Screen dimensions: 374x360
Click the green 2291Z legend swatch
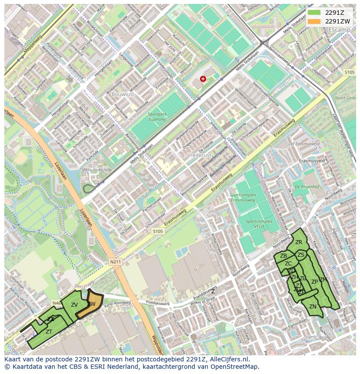314,13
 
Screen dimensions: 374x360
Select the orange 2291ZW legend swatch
314,21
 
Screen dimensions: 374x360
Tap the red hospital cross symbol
203,79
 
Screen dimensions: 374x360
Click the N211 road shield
115,262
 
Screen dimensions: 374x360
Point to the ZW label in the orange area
91,304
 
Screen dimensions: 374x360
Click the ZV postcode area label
74,305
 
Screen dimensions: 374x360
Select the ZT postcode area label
49,331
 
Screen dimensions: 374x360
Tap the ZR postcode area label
299,242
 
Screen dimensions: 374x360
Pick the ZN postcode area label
313,307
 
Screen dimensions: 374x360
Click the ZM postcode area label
323,280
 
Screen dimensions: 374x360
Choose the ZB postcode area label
283,256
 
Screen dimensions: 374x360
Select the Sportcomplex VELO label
259,224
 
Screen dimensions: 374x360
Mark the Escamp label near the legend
340,30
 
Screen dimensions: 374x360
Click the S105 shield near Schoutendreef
158,232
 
